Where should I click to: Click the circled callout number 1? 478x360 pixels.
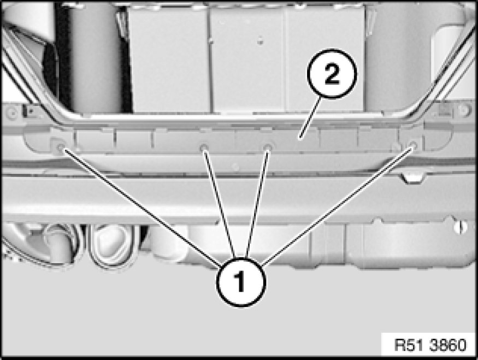pyautogui.click(x=241, y=282)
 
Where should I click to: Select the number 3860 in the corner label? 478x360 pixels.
pyautogui.click(x=448, y=345)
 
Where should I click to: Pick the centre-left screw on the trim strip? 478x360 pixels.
pyautogui.click(x=204, y=148)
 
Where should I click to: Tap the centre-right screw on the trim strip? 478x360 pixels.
pyautogui.click(x=267, y=147)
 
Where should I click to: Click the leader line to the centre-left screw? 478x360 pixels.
pyautogui.click(x=219, y=203)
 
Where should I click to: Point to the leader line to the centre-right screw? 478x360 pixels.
pyautogui.click(x=257, y=203)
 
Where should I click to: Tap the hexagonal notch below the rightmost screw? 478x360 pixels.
pyautogui.click(x=412, y=178)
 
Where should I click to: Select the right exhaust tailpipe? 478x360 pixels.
pyautogui.click(x=113, y=244)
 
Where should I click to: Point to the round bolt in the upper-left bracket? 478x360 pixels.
pyautogui.click(x=12, y=114)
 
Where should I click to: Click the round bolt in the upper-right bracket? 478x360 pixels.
pyautogui.click(x=464, y=110)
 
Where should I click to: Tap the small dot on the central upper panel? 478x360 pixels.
pyautogui.click(x=260, y=41)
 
